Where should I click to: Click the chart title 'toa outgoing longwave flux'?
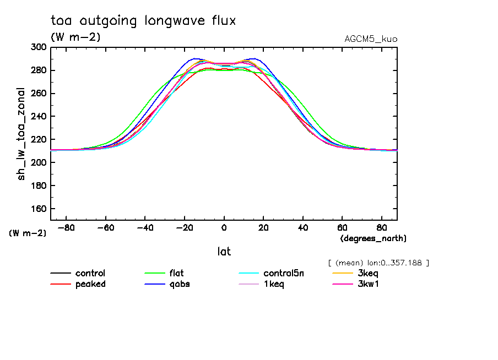pos(143,21)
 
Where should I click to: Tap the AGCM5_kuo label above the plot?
pos(370,39)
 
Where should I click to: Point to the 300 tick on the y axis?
pos(39,47)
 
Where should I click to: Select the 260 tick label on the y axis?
pos(39,94)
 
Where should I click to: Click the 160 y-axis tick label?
pos(39,209)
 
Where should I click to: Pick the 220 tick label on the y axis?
pos(39,140)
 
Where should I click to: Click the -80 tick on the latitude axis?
pos(66,227)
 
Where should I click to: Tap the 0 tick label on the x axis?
pos(224,227)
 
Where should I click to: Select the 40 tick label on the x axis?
pos(303,227)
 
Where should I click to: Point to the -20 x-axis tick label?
pos(184,227)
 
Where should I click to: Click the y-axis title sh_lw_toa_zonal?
pos(21,134)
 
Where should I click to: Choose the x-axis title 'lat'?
pos(224,252)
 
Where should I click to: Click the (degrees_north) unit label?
pos(373,238)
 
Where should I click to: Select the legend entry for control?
pos(90,273)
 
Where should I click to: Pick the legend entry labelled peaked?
pos(90,284)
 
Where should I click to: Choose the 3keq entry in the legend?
pos(368,273)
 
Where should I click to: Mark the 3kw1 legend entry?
pos(368,284)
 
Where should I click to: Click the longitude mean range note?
pos(378,263)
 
